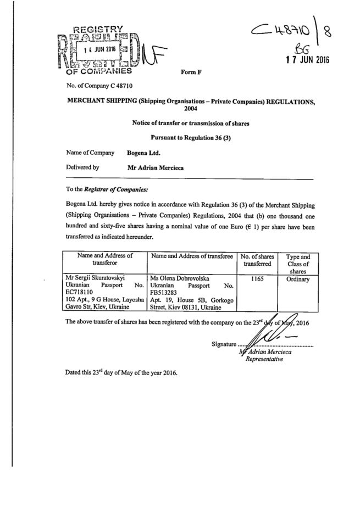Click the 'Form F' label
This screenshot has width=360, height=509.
(191, 72)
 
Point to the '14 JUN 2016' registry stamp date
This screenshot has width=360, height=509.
(94, 47)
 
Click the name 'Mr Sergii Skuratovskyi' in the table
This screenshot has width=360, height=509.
(97, 279)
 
